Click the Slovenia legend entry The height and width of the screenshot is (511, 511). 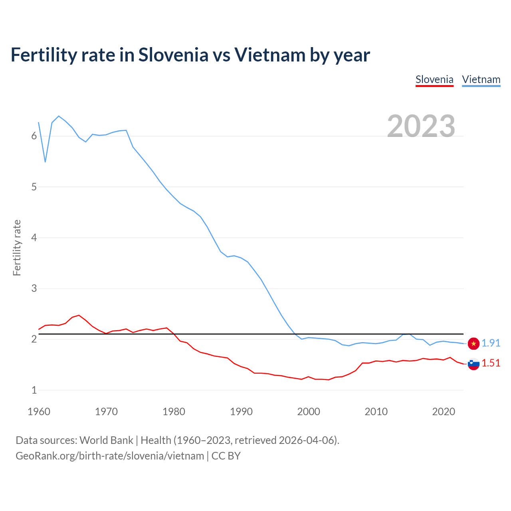pos(434,79)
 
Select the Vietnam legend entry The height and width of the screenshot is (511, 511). pos(481,79)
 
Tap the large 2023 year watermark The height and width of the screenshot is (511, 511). pos(421,126)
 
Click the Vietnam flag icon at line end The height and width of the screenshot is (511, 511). pos(473,343)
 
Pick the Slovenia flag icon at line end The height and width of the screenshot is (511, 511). pos(473,364)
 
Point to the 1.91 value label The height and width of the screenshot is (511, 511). pos(491,343)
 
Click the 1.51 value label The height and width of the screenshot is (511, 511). pos(491,363)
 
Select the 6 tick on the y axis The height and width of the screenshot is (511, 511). pos(34,136)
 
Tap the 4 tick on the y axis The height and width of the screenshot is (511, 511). pos(34,238)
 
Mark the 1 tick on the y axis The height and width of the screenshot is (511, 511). pos(34,390)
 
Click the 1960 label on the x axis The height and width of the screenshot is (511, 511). pos(39,412)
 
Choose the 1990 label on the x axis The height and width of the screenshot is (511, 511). pos(241,412)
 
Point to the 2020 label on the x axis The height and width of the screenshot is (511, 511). pos(444,412)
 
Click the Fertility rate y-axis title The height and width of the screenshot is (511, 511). pos(17,248)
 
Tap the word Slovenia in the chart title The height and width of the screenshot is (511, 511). pos(173,55)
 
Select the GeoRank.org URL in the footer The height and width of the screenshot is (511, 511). pos(110,456)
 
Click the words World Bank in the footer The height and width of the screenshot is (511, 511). pos(106,440)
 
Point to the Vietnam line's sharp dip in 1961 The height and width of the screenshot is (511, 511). pos(45,161)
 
